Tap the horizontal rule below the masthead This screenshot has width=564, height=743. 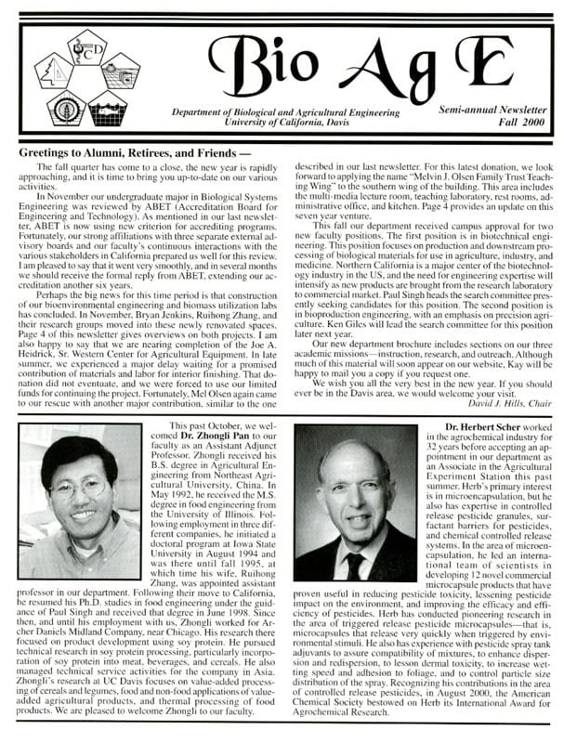pos(282,137)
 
